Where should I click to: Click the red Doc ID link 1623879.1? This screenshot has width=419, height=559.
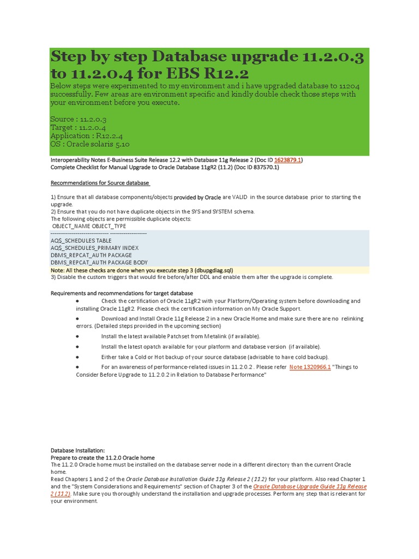pos(288,160)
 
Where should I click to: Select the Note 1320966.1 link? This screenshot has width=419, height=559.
pos(310,367)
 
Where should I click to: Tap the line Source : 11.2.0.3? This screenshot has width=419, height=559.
pos(78,119)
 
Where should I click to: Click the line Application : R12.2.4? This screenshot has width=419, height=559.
pos(86,135)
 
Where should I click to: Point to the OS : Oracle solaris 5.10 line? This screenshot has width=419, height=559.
pos(90,144)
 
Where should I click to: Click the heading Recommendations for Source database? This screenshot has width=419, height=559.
pos(100,183)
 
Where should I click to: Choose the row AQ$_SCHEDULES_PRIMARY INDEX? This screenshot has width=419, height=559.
pos(95,248)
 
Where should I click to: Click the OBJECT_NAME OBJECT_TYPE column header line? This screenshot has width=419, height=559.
pos(89,226)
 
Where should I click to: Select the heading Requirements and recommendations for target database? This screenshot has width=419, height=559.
pos(122,293)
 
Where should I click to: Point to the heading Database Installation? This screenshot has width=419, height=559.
pos(81,450)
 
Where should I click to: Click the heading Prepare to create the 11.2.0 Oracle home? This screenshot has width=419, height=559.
pos(103,457)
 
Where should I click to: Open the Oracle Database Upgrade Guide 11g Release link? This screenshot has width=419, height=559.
pos(310,486)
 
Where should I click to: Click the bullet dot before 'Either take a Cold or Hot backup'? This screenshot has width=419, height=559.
pos(77,356)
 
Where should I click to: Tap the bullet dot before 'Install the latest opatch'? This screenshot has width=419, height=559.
pos(77,347)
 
